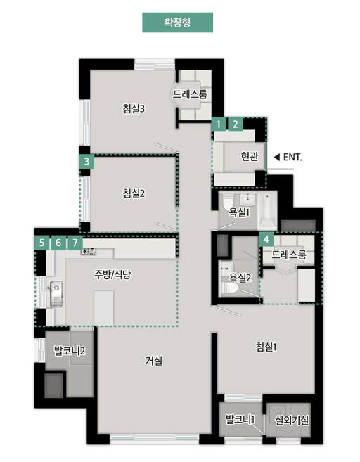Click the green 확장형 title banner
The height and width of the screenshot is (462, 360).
tap(177, 23)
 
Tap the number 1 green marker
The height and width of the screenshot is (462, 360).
tap(219, 124)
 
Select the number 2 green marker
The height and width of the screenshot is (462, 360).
tap(235, 124)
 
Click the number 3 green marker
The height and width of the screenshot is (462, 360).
tap(86, 162)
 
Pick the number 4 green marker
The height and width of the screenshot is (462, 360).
tap(266, 239)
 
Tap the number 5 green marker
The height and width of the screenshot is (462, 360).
tap(41, 243)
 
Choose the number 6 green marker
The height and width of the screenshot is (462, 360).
tap(58, 243)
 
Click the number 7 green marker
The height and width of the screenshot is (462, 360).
tap(75, 243)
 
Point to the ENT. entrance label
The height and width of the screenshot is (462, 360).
tap(292, 158)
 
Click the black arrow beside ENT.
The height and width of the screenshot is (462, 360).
tap(276, 157)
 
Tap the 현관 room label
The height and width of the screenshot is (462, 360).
tap(250, 156)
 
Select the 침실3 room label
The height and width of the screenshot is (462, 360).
tap(134, 109)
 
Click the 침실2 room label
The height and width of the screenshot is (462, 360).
tap(134, 193)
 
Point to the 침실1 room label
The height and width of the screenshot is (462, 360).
tap(266, 347)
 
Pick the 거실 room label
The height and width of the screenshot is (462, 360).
tap(154, 360)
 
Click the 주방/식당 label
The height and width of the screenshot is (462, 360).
tap(112, 275)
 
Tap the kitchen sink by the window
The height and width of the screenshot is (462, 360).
tap(56, 293)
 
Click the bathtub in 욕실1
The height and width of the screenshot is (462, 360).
tap(267, 211)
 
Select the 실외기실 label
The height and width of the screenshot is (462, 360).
tap(292, 421)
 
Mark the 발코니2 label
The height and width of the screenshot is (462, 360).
tap(70, 351)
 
